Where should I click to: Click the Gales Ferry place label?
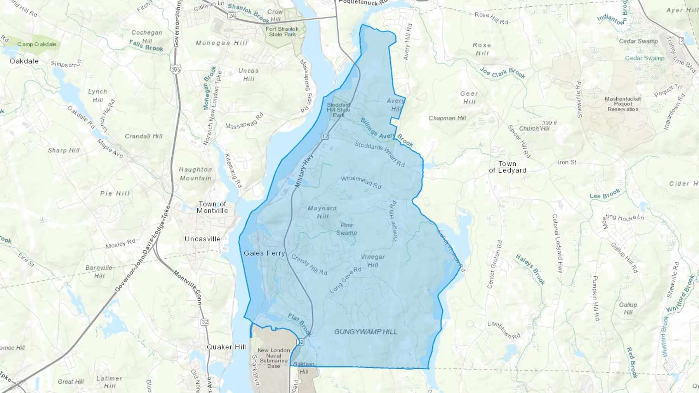pyautogui.click(x=264, y=253)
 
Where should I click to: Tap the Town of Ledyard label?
pyautogui.click(x=508, y=167)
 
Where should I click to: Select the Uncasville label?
pyautogui.click(x=202, y=239)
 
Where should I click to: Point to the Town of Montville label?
pyautogui.click(x=212, y=208)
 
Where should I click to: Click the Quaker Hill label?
pyautogui.click(x=226, y=347)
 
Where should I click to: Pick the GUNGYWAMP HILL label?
pyautogui.click(x=365, y=332)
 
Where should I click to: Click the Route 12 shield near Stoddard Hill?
pyautogui.click(x=325, y=136)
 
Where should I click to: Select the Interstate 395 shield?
pyautogui.click(x=176, y=69)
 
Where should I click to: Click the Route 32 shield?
pyautogui.click(x=205, y=322)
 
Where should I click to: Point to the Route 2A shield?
pyautogui.click(x=232, y=16)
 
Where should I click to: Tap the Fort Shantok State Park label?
pyautogui.click(x=282, y=32)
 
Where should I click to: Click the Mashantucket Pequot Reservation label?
pyautogui.click(x=623, y=104)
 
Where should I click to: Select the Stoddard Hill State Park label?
pyautogui.click(x=338, y=110)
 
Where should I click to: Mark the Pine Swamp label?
pyautogui.click(x=346, y=229)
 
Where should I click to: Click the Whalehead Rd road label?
pyautogui.click(x=361, y=182)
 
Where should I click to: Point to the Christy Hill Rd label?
pyautogui.click(x=309, y=265)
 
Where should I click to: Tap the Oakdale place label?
pyautogui.click(x=24, y=61)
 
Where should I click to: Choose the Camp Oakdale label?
pyautogui.click(x=37, y=44)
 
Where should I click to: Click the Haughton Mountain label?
pyautogui.click(x=195, y=174)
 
